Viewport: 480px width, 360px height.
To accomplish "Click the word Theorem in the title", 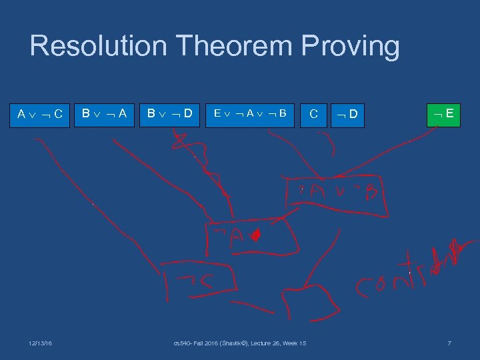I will (x=230, y=47).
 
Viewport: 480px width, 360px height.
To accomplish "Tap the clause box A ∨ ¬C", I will (x=40, y=113).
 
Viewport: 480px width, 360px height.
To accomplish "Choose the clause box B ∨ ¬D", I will (x=170, y=113).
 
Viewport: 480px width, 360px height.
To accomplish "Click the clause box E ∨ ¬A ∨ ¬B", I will (x=250, y=113).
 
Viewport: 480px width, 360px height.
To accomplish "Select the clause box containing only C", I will (x=313, y=114).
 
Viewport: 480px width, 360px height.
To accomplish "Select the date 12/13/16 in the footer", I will (x=41, y=343).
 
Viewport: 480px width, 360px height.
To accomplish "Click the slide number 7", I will (x=449, y=343).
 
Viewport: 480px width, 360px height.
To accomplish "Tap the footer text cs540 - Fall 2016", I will (x=239, y=343).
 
